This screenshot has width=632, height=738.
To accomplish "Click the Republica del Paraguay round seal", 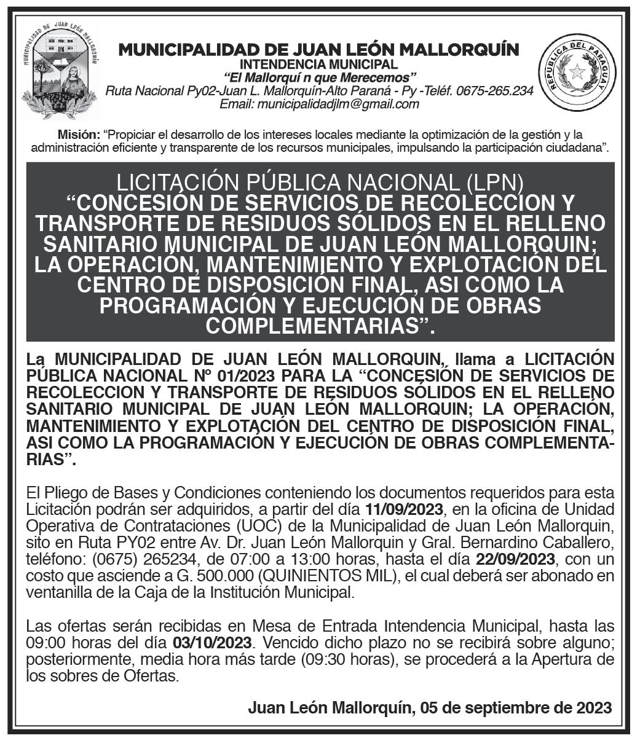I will pyautogui.click(x=577, y=72).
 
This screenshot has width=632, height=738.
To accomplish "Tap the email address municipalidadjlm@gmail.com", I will pyautogui.click(x=319, y=104).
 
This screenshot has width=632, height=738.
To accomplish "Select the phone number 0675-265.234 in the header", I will pyautogui.click(x=495, y=91).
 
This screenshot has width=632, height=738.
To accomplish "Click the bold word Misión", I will pyautogui.click(x=78, y=134).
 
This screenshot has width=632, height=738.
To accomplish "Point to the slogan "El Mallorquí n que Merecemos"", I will pyautogui.click(x=320, y=77).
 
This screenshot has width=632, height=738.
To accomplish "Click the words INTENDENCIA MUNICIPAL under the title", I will pyautogui.click(x=318, y=64).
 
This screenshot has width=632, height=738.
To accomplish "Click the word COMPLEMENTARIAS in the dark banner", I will pyautogui.click(x=312, y=326).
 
